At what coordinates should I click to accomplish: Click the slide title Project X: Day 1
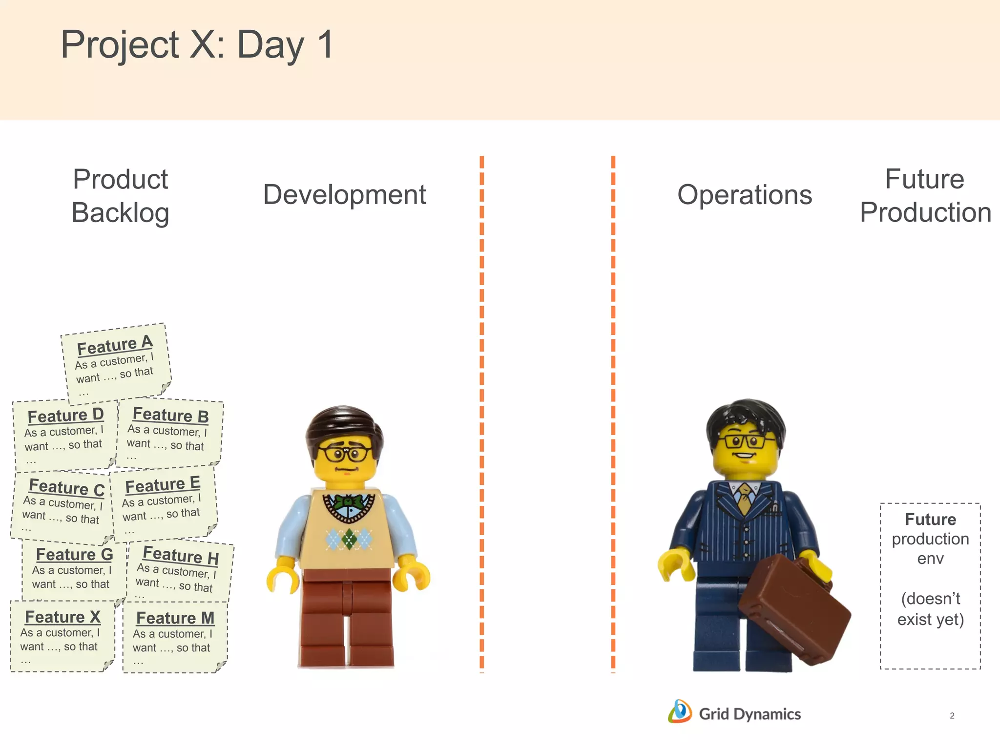tap(197, 45)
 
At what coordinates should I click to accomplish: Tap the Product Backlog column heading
tap(120, 196)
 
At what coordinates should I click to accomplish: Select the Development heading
tap(344, 194)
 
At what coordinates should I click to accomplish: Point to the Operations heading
tap(744, 194)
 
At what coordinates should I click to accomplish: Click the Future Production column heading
tap(925, 195)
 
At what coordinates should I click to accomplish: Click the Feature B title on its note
tap(170, 415)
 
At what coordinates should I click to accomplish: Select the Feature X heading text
tap(62, 617)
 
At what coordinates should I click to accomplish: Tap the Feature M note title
tap(175, 618)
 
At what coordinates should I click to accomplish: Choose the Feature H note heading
tap(180, 555)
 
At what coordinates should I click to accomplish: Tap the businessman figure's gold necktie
tap(744, 498)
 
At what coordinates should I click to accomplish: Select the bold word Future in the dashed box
tap(930, 519)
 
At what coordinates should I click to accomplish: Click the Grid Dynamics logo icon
tap(680, 711)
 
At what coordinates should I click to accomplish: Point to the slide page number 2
tap(952, 716)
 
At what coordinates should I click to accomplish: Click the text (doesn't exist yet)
tap(930, 609)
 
